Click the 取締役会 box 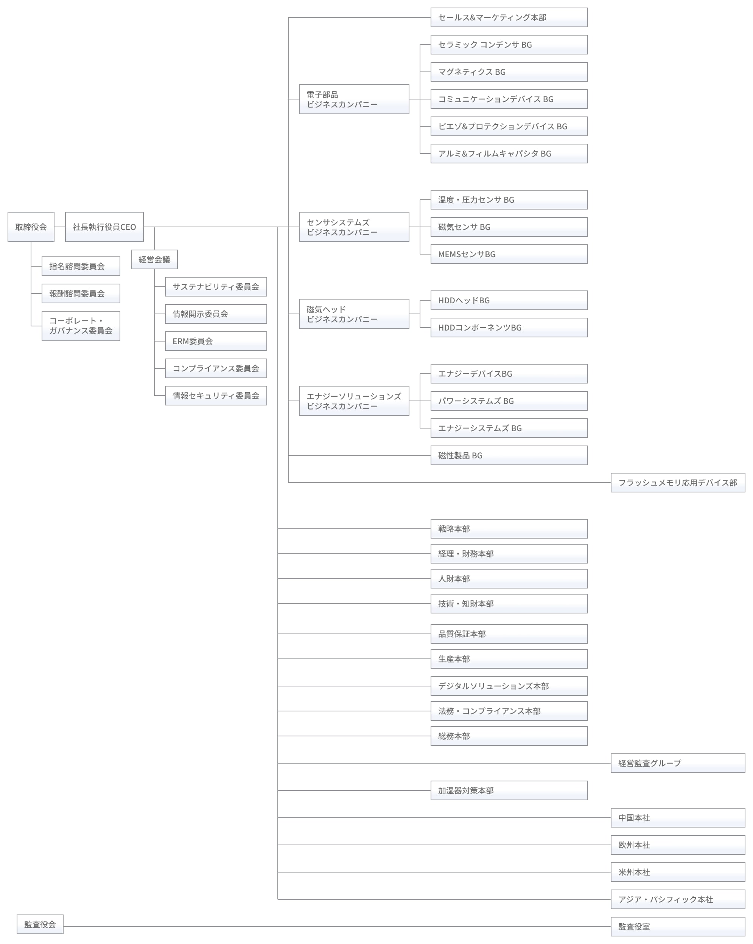pyautogui.click(x=31, y=227)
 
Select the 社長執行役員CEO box pyautogui.click(x=104, y=227)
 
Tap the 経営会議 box pyautogui.click(x=154, y=259)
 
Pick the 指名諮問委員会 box pyautogui.click(x=81, y=266)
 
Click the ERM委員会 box pyautogui.click(x=216, y=341)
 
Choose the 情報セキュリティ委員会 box pyautogui.click(x=216, y=395)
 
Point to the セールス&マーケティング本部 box pyautogui.click(x=509, y=17)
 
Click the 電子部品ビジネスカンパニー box pyautogui.click(x=354, y=99)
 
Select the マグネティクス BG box pyautogui.click(x=509, y=72)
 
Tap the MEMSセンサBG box pyautogui.click(x=509, y=254)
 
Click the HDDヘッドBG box pyautogui.click(x=509, y=300)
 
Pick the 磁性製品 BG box pyautogui.click(x=509, y=455)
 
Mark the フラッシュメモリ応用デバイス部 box pyautogui.click(x=678, y=483)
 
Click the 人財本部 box pyautogui.click(x=509, y=578)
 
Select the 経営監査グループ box pyautogui.click(x=678, y=763)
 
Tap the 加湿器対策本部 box pyautogui.click(x=509, y=790)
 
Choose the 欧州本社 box pyautogui.click(x=678, y=845)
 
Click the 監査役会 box pyautogui.click(x=40, y=924)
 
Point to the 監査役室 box pyautogui.click(x=678, y=927)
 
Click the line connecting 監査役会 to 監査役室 pyautogui.click(x=337, y=927)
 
